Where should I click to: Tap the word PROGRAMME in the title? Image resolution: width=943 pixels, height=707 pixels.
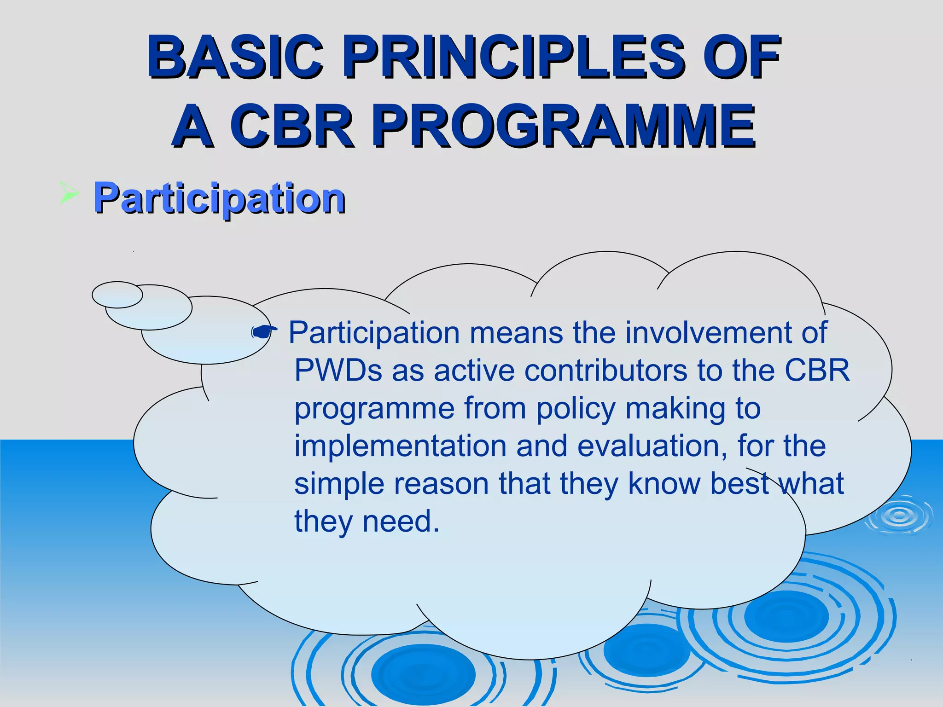click(x=564, y=125)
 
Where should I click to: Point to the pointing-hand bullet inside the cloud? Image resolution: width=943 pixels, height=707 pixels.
click(x=264, y=331)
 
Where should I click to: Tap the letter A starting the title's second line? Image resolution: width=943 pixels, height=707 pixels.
click(x=194, y=125)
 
